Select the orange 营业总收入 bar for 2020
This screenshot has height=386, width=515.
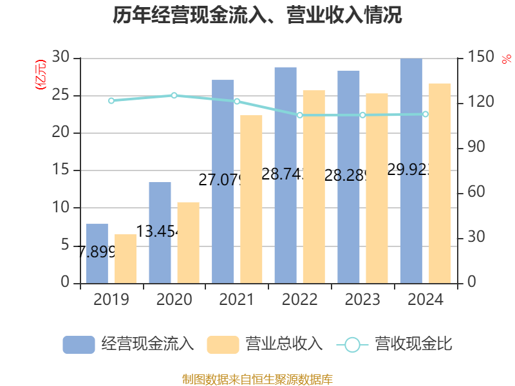189,243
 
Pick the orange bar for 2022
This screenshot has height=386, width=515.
314,187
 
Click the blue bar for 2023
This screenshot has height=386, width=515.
348,177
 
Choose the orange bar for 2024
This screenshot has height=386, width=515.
440,183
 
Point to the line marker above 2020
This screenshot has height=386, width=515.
174,95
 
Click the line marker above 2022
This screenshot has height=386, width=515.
299,115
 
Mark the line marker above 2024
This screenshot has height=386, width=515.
425,114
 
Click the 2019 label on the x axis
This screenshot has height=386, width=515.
111,300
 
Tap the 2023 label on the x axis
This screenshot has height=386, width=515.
362,300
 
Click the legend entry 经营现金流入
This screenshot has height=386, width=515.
129,344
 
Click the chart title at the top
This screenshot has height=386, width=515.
257,15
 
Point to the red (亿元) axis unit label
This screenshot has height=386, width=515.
41,75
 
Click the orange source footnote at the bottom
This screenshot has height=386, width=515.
257,379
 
